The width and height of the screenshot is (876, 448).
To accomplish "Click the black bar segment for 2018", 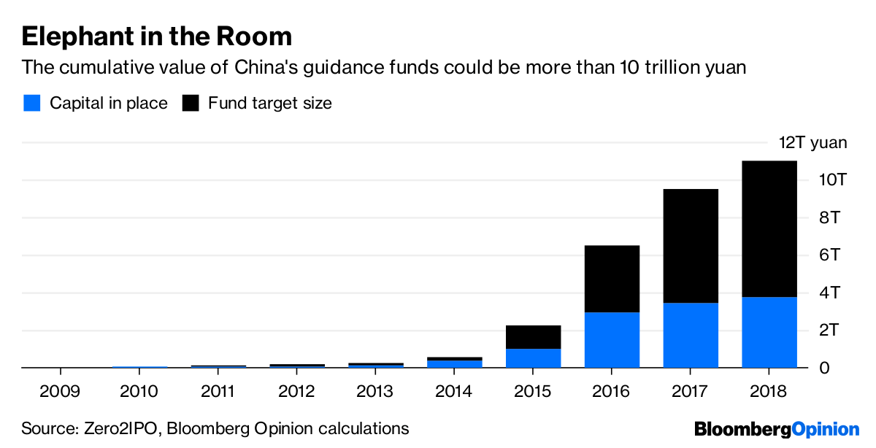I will point(769,228).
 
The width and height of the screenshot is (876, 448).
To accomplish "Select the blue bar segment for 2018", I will point(769,332).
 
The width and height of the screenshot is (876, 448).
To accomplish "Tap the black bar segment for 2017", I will point(691,246).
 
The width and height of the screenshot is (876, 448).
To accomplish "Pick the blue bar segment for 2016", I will point(612,340).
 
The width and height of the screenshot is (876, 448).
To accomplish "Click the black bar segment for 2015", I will point(534,337).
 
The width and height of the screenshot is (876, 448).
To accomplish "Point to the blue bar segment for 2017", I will point(691,335).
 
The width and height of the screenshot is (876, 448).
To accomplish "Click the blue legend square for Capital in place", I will point(31,103).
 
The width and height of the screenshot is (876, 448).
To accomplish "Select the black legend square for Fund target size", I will point(191,103).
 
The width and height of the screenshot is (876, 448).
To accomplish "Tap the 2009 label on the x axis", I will point(61,391).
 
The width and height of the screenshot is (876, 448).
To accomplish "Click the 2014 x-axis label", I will point(454,391).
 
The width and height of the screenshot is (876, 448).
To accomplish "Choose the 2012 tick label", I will point(297,391).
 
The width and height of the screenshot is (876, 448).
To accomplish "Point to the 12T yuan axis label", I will point(812,142).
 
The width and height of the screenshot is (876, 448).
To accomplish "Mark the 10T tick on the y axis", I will point(831,180).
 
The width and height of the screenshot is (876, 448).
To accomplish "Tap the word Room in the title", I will point(258,36).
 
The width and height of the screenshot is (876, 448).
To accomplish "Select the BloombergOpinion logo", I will point(777,429).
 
